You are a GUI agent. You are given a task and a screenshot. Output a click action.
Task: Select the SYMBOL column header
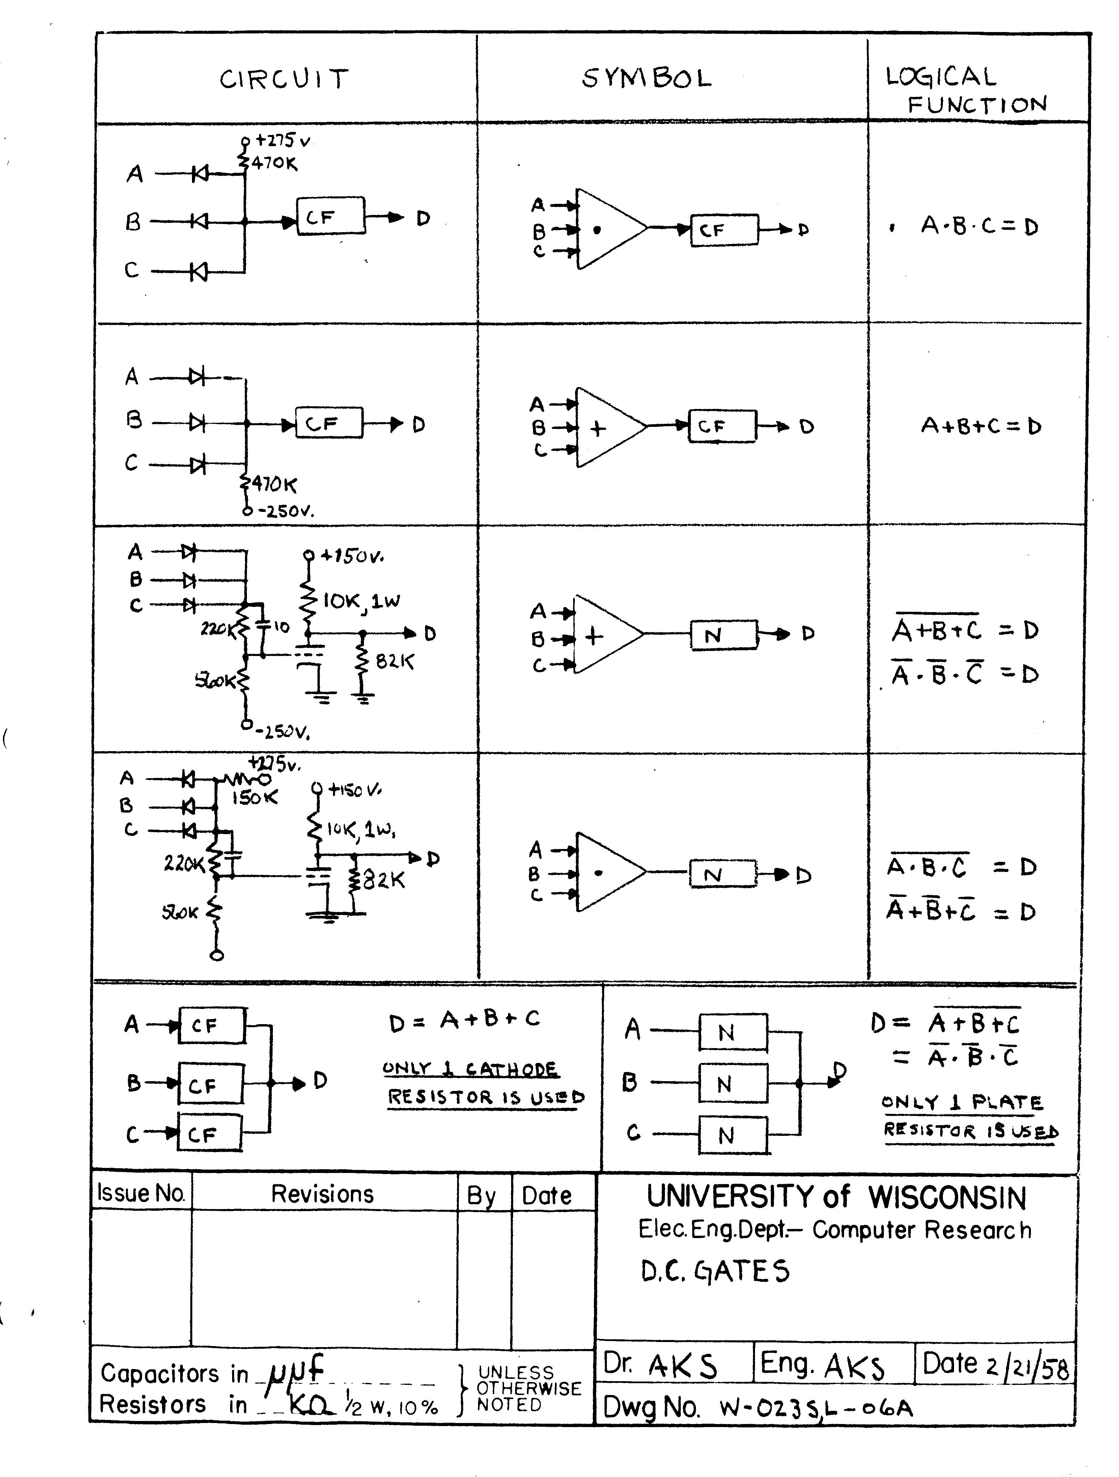pos(646,79)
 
